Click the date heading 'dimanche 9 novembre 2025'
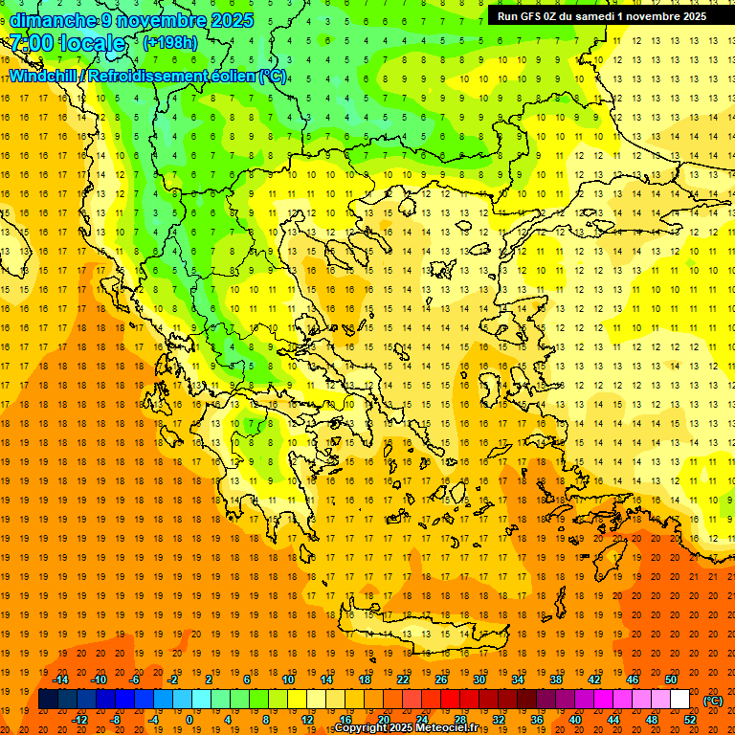(131, 20)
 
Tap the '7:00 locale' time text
(67, 43)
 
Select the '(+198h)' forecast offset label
(169, 42)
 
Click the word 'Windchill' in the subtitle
(45, 76)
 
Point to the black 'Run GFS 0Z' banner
(602, 15)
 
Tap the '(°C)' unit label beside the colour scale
(712, 701)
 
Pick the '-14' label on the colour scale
(60, 679)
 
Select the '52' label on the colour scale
(690, 720)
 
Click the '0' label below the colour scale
(189, 720)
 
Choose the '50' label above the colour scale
(671, 679)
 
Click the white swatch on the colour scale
(680, 700)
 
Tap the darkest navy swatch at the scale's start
(48, 700)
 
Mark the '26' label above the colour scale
(441, 679)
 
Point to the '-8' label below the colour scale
(117, 720)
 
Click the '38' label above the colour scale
(556, 679)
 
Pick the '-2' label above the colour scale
(173, 679)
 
